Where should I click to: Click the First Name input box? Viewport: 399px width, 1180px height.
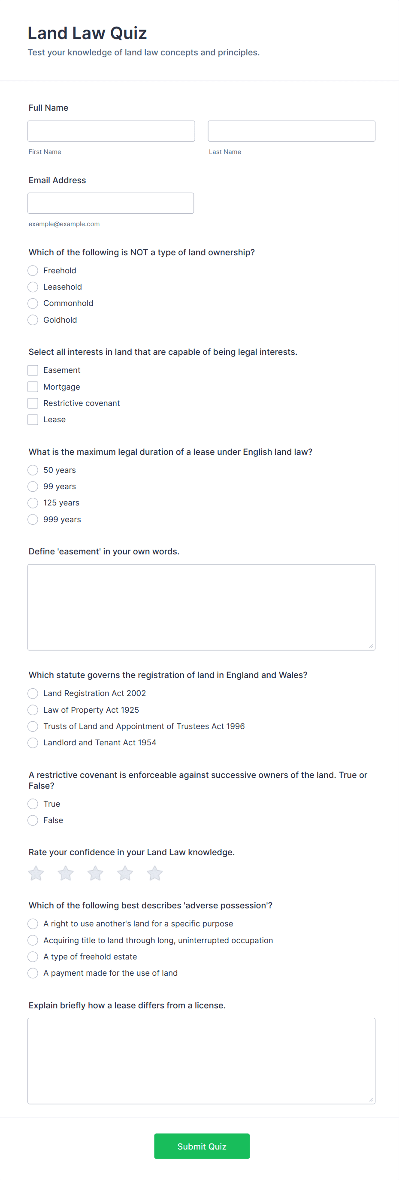pyautogui.click(x=111, y=131)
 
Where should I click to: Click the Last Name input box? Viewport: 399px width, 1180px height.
pyautogui.click(x=291, y=131)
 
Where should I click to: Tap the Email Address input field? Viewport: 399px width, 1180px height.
pyautogui.click(x=110, y=203)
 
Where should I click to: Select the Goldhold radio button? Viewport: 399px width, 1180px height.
pyautogui.click(x=33, y=320)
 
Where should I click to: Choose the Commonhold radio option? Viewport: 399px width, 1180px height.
pyautogui.click(x=33, y=303)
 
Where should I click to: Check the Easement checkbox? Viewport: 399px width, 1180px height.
pyautogui.click(x=33, y=370)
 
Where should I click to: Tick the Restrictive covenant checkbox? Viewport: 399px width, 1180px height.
pyautogui.click(x=33, y=403)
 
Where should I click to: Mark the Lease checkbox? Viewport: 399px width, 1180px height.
pyautogui.click(x=33, y=420)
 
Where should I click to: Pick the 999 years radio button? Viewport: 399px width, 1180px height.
pyautogui.click(x=33, y=520)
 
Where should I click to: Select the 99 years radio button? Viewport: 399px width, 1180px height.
pyautogui.click(x=33, y=487)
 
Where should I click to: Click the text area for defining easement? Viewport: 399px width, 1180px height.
pyautogui.click(x=201, y=607)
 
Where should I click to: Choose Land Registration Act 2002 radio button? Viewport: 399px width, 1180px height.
pyautogui.click(x=33, y=693)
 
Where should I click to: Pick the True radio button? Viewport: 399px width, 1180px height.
pyautogui.click(x=33, y=804)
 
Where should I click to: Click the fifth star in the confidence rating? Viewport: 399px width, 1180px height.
pyautogui.click(x=155, y=873)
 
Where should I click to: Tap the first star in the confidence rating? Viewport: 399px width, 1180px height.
pyautogui.click(x=36, y=873)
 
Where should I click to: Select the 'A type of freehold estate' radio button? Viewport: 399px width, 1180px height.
pyautogui.click(x=33, y=956)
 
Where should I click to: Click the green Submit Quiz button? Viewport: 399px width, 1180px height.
pyautogui.click(x=202, y=1146)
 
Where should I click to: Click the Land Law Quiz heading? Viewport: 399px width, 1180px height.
pyautogui.click(x=87, y=33)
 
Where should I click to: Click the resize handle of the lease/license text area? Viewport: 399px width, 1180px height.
pyautogui.click(x=371, y=1099)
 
